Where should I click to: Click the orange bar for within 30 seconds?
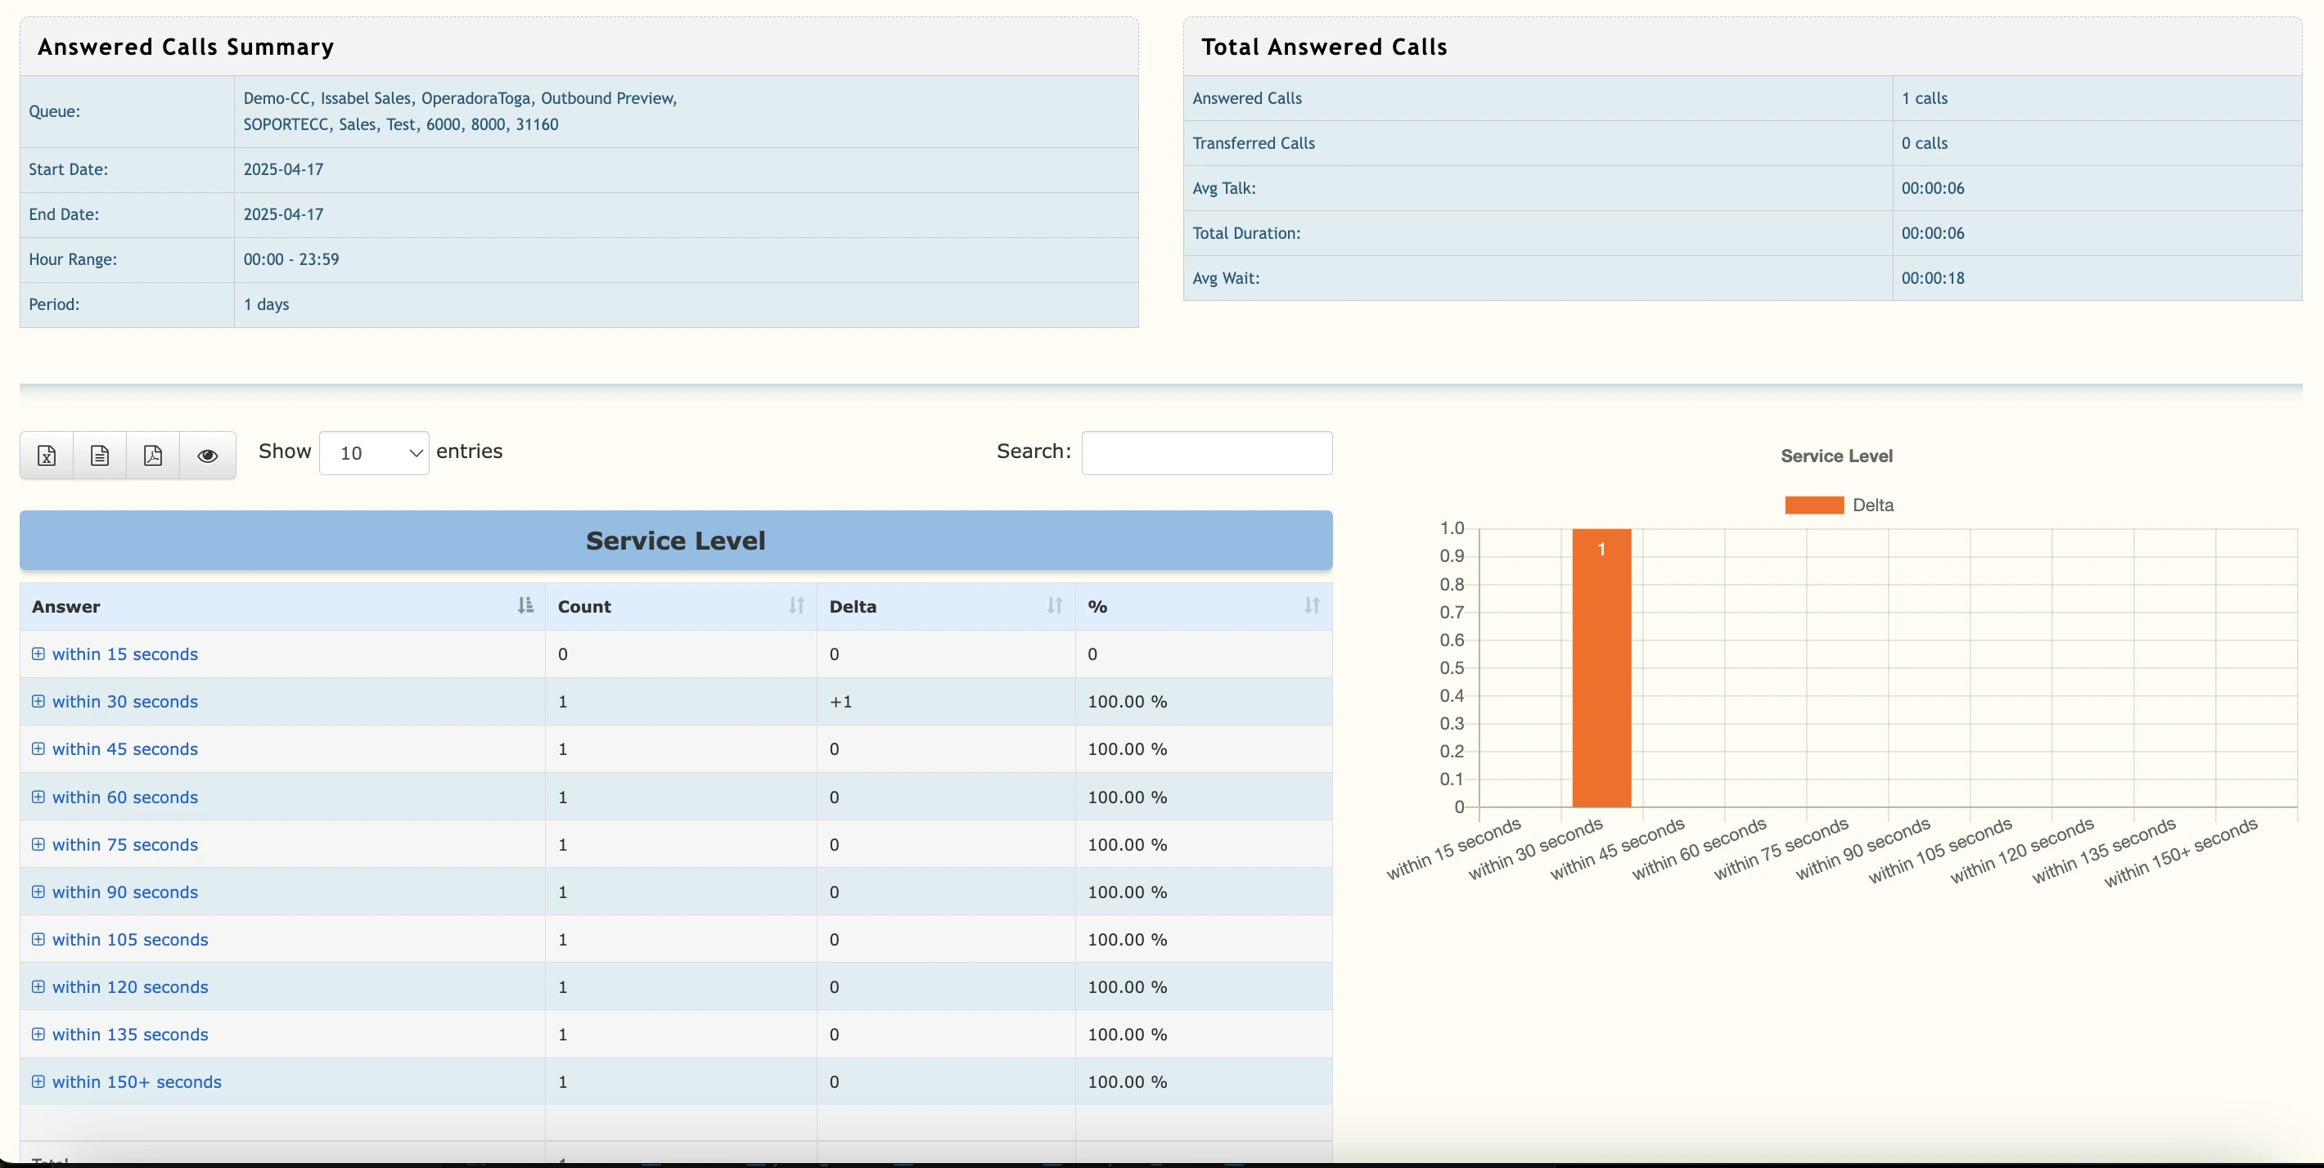(x=1601, y=667)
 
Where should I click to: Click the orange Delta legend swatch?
(x=1813, y=505)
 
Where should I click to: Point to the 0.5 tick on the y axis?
(x=1452, y=668)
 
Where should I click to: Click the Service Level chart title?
(x=1836, y=456)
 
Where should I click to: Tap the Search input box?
(x=1206, y=453)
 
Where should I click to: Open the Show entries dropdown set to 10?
(x=373, y=453)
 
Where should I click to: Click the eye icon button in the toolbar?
(x=208, y=456)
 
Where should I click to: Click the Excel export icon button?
(x=47, y=456)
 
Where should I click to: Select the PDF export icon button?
(x=153, y=456)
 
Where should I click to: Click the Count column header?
(x=584, y=607)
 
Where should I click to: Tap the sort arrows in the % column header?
(x=1312, y=606)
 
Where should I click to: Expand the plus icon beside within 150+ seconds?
(x=38, y=1081)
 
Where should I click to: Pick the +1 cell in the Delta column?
(x=841, y=702)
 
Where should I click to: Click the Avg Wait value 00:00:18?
(x=1933, y=279)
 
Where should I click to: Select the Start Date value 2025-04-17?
(x=283, y=169)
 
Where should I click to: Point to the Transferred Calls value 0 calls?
(x=1925, y=143)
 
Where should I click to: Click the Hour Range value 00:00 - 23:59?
(x=291, y=260)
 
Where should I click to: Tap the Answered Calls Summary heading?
(x=186, y=47)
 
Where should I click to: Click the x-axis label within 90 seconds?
(x=1864, y=849)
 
